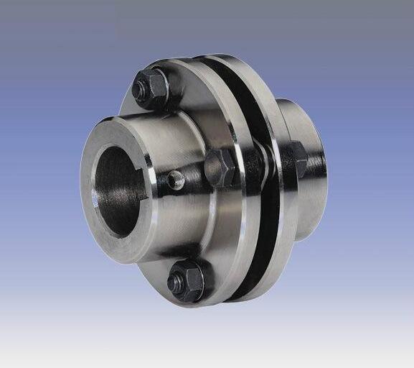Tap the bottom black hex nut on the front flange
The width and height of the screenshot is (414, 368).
click(x=186, y=281)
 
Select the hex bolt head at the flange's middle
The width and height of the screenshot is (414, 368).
click(x=220, y=168)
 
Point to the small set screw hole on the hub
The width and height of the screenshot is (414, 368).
click(x=177, y=182)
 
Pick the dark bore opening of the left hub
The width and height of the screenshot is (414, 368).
click(x=119, y=190)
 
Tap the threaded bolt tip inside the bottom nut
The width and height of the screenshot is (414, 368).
click(x=177, y=282)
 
